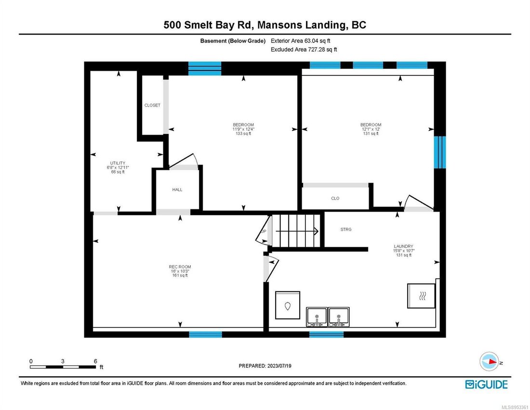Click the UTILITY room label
[118, 167]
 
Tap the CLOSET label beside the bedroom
[152, 105]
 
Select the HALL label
[177, 190]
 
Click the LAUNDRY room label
[403, 250]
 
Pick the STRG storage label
[345, 230]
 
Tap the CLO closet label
[335, 198]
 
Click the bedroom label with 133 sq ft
[243, 129]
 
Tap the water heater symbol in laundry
[288, 305]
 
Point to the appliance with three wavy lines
[422, 296]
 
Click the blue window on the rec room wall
[205, 334]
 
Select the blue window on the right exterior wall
[438, 152]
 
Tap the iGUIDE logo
[486, 384]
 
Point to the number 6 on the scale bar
[95, 361]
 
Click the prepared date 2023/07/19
[265, 366]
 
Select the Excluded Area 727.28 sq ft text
[304, 49]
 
